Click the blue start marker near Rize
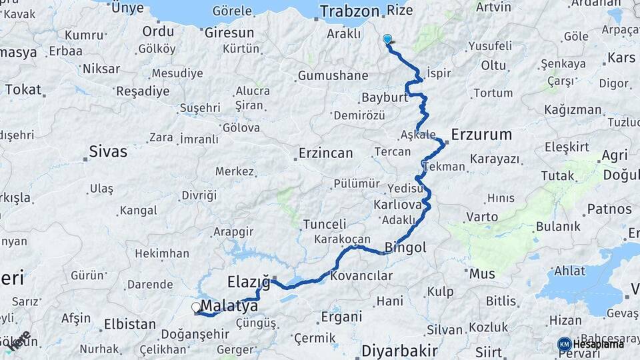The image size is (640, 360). coord(387,39)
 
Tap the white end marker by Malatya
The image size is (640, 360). coord(196,307)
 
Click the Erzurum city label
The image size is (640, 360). coord(481,135)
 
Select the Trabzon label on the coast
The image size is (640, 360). coord(349,11)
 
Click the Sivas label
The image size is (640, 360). coord(109,152)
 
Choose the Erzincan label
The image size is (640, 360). coord(325,153)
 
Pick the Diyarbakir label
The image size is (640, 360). coord(399,351)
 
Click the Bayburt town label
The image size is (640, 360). coord(384,98)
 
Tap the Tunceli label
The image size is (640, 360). coord(325,224)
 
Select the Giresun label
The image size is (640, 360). coord(229,32)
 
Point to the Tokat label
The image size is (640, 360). coord(23,89)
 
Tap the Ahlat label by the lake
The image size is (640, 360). coord(570,271)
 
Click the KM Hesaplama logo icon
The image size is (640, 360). coord(564,344)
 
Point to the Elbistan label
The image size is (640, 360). coord(129,325)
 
